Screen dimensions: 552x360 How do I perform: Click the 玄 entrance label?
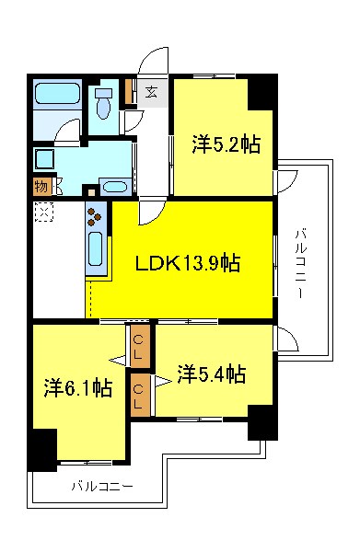coord(150,91)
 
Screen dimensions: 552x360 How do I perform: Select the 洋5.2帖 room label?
coord(226,144)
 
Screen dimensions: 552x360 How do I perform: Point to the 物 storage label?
coord(41,185)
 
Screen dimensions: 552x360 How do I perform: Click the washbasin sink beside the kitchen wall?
coord(115,187)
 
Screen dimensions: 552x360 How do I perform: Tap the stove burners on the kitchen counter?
coord(96,217)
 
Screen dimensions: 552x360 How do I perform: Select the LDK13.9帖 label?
coord(188,264)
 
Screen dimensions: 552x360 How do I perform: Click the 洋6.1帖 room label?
coord(78,388)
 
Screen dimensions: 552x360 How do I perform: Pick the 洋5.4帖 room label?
coord(211,374)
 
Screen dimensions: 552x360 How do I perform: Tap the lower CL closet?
coord(139,396)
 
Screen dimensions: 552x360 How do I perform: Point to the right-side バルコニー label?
coord(300,262)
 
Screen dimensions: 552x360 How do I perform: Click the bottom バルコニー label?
coord(102,486)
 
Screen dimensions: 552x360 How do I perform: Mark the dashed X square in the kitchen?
coord(41,212)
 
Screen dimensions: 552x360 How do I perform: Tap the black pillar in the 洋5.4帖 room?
coord(261,422)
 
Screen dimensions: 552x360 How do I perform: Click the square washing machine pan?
coord(45,157)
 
